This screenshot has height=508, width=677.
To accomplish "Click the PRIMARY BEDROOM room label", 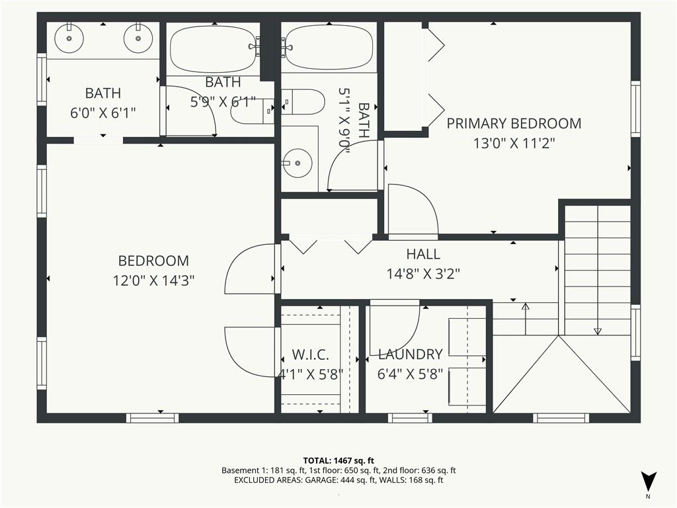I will point(514,123).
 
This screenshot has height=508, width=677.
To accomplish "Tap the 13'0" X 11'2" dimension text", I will point(514,144).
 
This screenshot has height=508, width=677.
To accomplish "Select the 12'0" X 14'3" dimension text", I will point(153,280).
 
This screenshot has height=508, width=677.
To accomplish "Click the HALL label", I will point(422,254).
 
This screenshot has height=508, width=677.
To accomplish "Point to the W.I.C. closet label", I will point(310,355).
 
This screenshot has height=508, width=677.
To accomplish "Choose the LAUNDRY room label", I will point(410,355).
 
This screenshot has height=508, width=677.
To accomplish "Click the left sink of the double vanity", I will point(69,38).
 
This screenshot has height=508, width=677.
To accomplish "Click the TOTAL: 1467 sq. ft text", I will point(338,460).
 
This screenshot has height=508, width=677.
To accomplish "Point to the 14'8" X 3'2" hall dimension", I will point(422,274).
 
